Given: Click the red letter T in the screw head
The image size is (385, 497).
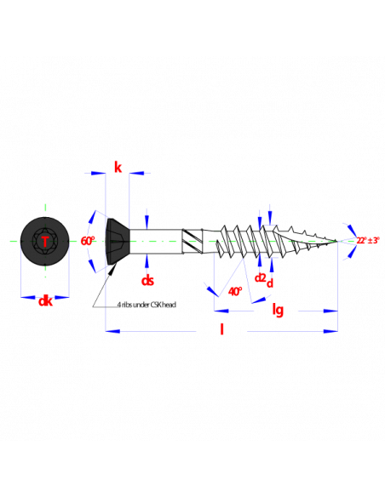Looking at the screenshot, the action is pos(45,242).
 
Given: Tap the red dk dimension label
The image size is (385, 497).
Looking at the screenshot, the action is pos(45,300).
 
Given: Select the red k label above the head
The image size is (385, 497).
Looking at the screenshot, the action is pos(118,167).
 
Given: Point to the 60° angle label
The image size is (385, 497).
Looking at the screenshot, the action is pos(88,241).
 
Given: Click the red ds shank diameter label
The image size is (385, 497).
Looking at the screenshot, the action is pos(147,280).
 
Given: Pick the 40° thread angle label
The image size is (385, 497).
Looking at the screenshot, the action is pos(235,291).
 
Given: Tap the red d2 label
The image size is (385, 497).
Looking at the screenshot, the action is pos(260,277).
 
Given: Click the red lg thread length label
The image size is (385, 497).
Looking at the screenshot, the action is pos(278,310).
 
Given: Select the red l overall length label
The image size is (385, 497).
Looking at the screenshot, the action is pos(221,329).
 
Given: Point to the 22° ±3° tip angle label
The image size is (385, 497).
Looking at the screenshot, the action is pos(368,240).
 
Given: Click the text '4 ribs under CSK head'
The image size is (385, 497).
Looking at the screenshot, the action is pos(147,305).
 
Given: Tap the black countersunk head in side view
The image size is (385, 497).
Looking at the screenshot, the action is pos(118,241).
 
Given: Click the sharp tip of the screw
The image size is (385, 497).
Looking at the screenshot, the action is pos(337,241).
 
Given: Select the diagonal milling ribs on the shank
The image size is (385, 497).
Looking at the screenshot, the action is pos(192,241).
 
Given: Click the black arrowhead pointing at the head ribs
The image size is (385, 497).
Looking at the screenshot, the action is pos(112,269).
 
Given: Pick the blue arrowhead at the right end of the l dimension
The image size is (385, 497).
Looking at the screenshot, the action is pos(330,331).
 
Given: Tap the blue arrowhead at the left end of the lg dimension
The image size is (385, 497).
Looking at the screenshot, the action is pos(221,311).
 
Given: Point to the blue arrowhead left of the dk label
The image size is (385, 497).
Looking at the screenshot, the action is pos(28,297).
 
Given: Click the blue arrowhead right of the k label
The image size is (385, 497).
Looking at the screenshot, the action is pos(136,173).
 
